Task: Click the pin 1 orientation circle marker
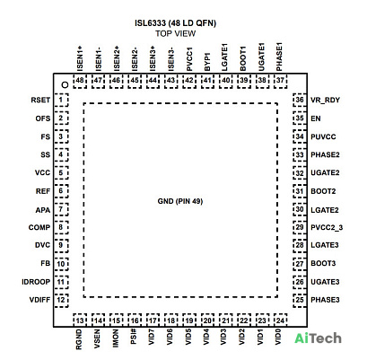pos(65,84)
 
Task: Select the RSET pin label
pos(40,100)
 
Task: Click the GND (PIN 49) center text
pos(180,201)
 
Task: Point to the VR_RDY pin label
pos(325,101)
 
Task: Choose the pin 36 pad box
pos(300,100)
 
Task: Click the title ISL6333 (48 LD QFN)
pos(175,23)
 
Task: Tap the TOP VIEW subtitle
pos(175,33)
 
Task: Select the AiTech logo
pos(318,338)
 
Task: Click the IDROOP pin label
pos(36,282)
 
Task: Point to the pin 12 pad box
pos(61,300)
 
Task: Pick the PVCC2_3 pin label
pos(327,228)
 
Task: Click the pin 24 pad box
pos(280,320)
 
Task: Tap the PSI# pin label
pos(134,337)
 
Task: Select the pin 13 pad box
pos(80,320)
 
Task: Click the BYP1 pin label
pos(207,62)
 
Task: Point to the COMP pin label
pos(39,227)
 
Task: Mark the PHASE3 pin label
pos(325,300)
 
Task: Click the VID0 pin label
pos(278,337)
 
